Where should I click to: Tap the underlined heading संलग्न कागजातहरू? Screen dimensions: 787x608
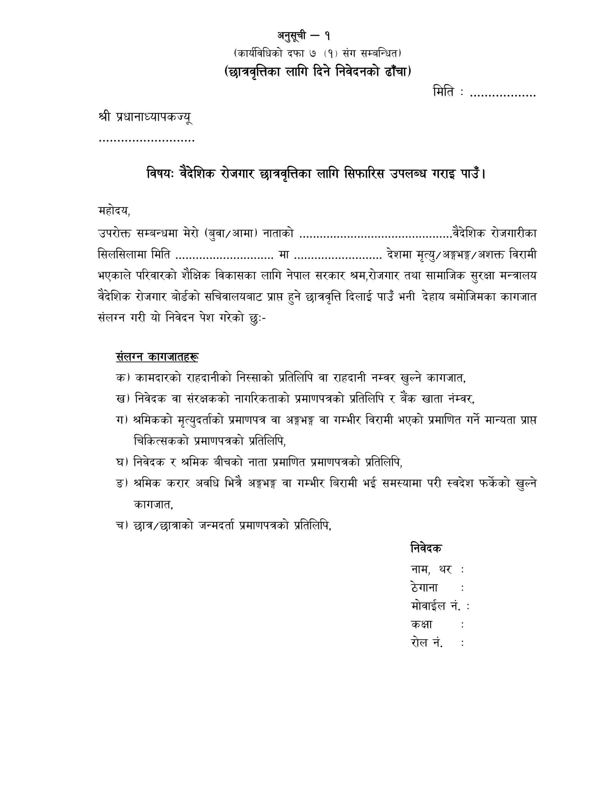[157, 357]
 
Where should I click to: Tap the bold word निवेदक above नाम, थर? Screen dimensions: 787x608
[426, 548]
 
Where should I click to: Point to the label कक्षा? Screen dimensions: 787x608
[421, 624]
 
